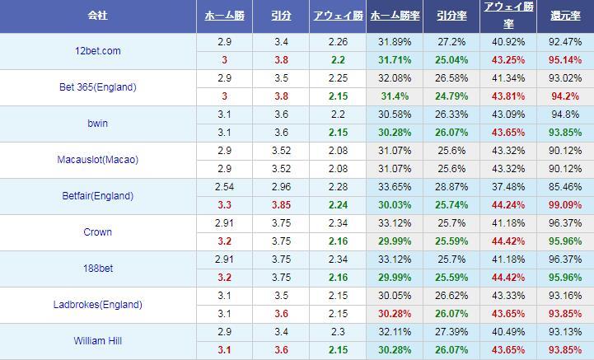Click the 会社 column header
coord(99,16)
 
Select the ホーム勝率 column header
coord(394,16)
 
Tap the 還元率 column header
coord(564,16)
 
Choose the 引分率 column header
coord(450,16)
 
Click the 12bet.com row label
coord(99,51)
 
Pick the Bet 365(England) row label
coord(99,87)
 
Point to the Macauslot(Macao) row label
coord(99,160)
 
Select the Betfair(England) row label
coord(99,196)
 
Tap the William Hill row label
coord(99,341)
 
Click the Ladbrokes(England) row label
coord(99,305)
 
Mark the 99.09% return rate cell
coord(564,205)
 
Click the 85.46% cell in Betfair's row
coord(564,187)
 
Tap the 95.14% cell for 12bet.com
coord(564,60)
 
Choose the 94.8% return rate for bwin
coord(564,115)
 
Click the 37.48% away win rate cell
coord(507,187)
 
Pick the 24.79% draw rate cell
coord(451,96)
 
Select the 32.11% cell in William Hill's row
coord(394,332)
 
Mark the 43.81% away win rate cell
coord(507,96)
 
